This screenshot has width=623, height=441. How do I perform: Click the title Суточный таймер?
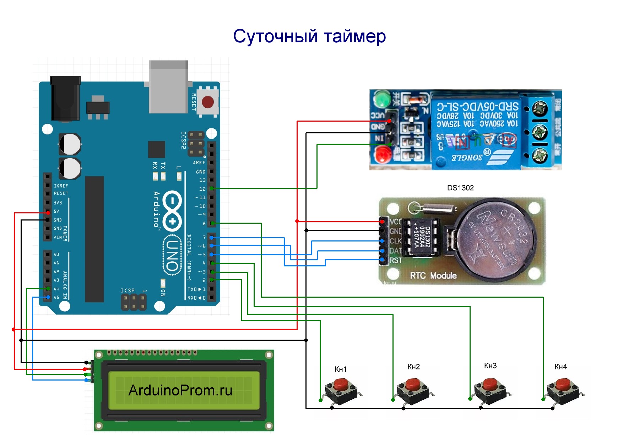309,36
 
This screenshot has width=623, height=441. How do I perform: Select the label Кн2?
413,367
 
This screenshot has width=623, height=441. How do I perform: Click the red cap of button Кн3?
490,384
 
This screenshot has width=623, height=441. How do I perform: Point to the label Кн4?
560,367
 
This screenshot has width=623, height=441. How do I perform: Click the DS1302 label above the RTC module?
460,188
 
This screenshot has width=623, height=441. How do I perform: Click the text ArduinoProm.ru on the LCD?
180,390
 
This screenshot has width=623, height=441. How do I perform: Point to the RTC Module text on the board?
433,276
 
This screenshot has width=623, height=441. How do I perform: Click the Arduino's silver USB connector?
168,86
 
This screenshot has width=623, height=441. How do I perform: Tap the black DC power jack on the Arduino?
66,98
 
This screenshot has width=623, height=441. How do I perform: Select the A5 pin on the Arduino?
48,297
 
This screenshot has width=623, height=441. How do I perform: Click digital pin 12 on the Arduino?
211,188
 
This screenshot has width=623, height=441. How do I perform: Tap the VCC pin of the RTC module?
382,222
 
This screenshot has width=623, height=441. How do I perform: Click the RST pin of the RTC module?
382,260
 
